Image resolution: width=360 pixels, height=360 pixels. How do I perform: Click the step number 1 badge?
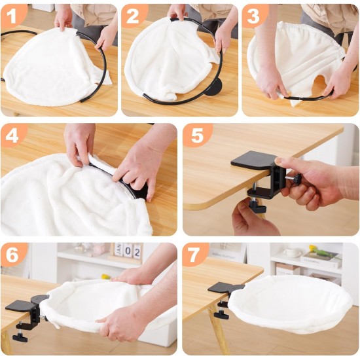(12, 16)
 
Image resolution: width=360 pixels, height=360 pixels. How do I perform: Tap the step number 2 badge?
(133, 16)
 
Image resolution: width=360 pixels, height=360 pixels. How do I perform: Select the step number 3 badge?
(253, 16)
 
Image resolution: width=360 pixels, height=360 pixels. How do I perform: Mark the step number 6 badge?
(12, 255)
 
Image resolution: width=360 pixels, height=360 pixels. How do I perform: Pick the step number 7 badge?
(194, 255)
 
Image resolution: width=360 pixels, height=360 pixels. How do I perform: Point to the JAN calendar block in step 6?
(118, 249)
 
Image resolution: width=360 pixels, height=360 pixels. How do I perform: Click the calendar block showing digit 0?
(128, 251)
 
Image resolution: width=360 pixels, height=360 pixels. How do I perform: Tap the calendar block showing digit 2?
(137, 251)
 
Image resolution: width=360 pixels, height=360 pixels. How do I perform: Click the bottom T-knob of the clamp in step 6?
(20, 337)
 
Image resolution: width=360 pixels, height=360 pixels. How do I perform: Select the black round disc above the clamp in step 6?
(39, 299)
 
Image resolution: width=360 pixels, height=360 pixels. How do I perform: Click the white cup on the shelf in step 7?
(291, 252)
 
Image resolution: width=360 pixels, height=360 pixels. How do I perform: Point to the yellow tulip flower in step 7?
(313, 249)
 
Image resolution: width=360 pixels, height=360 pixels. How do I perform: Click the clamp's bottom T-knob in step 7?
(221, 314)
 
